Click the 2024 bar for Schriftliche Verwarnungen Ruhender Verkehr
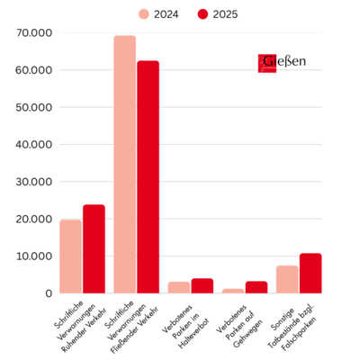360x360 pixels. (70, 256)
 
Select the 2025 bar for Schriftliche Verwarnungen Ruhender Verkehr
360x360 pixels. (94, 249)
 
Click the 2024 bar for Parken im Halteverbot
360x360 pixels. (179, 287)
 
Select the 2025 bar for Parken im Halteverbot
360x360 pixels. (202, 286)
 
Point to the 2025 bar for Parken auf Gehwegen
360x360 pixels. (256, 287)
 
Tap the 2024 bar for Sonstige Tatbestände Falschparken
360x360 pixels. (287, 279)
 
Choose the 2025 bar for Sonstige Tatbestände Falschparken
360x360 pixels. (310, 274)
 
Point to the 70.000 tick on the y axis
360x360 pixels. (35, 33)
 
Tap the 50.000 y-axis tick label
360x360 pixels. (35, 107)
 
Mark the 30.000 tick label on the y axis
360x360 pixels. (35, 182)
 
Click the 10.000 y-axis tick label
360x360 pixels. (35, 256)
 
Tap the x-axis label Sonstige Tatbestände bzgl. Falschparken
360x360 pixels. (297, 321)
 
